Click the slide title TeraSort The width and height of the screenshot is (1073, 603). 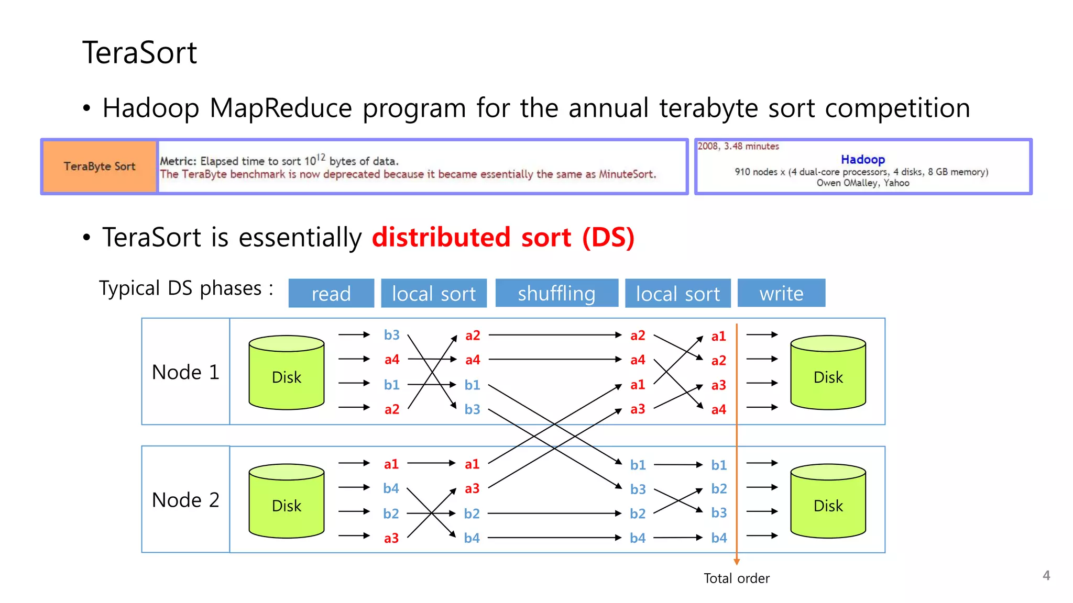(139, 53)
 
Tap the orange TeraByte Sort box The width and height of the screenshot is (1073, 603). (100, 166)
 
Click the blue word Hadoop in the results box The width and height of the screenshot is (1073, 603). (862, 159)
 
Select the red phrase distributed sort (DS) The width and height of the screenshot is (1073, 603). (503, 237)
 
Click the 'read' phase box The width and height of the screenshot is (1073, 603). (331, 293)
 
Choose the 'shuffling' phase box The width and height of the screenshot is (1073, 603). (556, 293)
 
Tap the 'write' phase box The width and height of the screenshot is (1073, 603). (781, 293)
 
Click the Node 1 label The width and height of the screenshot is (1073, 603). (185, 372)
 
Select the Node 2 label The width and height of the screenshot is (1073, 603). (185, 500)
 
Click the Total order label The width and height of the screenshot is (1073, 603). (736, 578)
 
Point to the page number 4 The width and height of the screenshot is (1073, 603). (1046, 575)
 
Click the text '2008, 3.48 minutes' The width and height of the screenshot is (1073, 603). (738, 147)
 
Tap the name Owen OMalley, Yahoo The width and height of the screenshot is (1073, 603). (862, 183)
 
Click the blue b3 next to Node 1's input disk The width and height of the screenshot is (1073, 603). (391, 335)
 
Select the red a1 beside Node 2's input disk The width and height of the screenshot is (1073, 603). (391, 464)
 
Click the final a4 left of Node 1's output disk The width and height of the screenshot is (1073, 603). (718, 409)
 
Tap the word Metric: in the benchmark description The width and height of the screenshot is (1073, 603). (178, 161)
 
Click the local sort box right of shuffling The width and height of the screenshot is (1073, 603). (677, 293)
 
